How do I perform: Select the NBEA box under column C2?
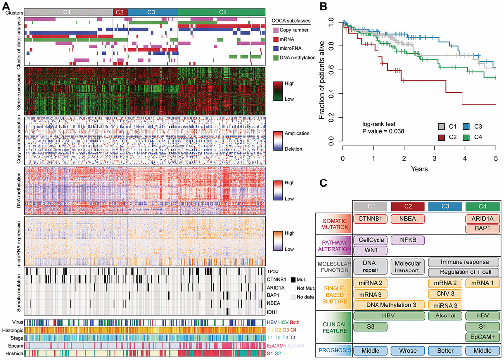[x=409, y=218]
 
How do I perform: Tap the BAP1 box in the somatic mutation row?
[x=482, y=228]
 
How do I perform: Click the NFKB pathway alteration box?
[x=409, y=240]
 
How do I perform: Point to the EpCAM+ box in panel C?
[x=482, y=337]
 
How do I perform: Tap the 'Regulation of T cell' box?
[x=464, y=272]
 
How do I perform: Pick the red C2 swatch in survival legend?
[x=443, y=136]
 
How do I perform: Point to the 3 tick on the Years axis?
[x=434, y=158]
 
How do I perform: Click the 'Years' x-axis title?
[x=419, y=169]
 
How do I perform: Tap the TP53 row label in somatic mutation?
[x=273, y=271]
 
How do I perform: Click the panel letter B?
[x=322, y=7]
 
